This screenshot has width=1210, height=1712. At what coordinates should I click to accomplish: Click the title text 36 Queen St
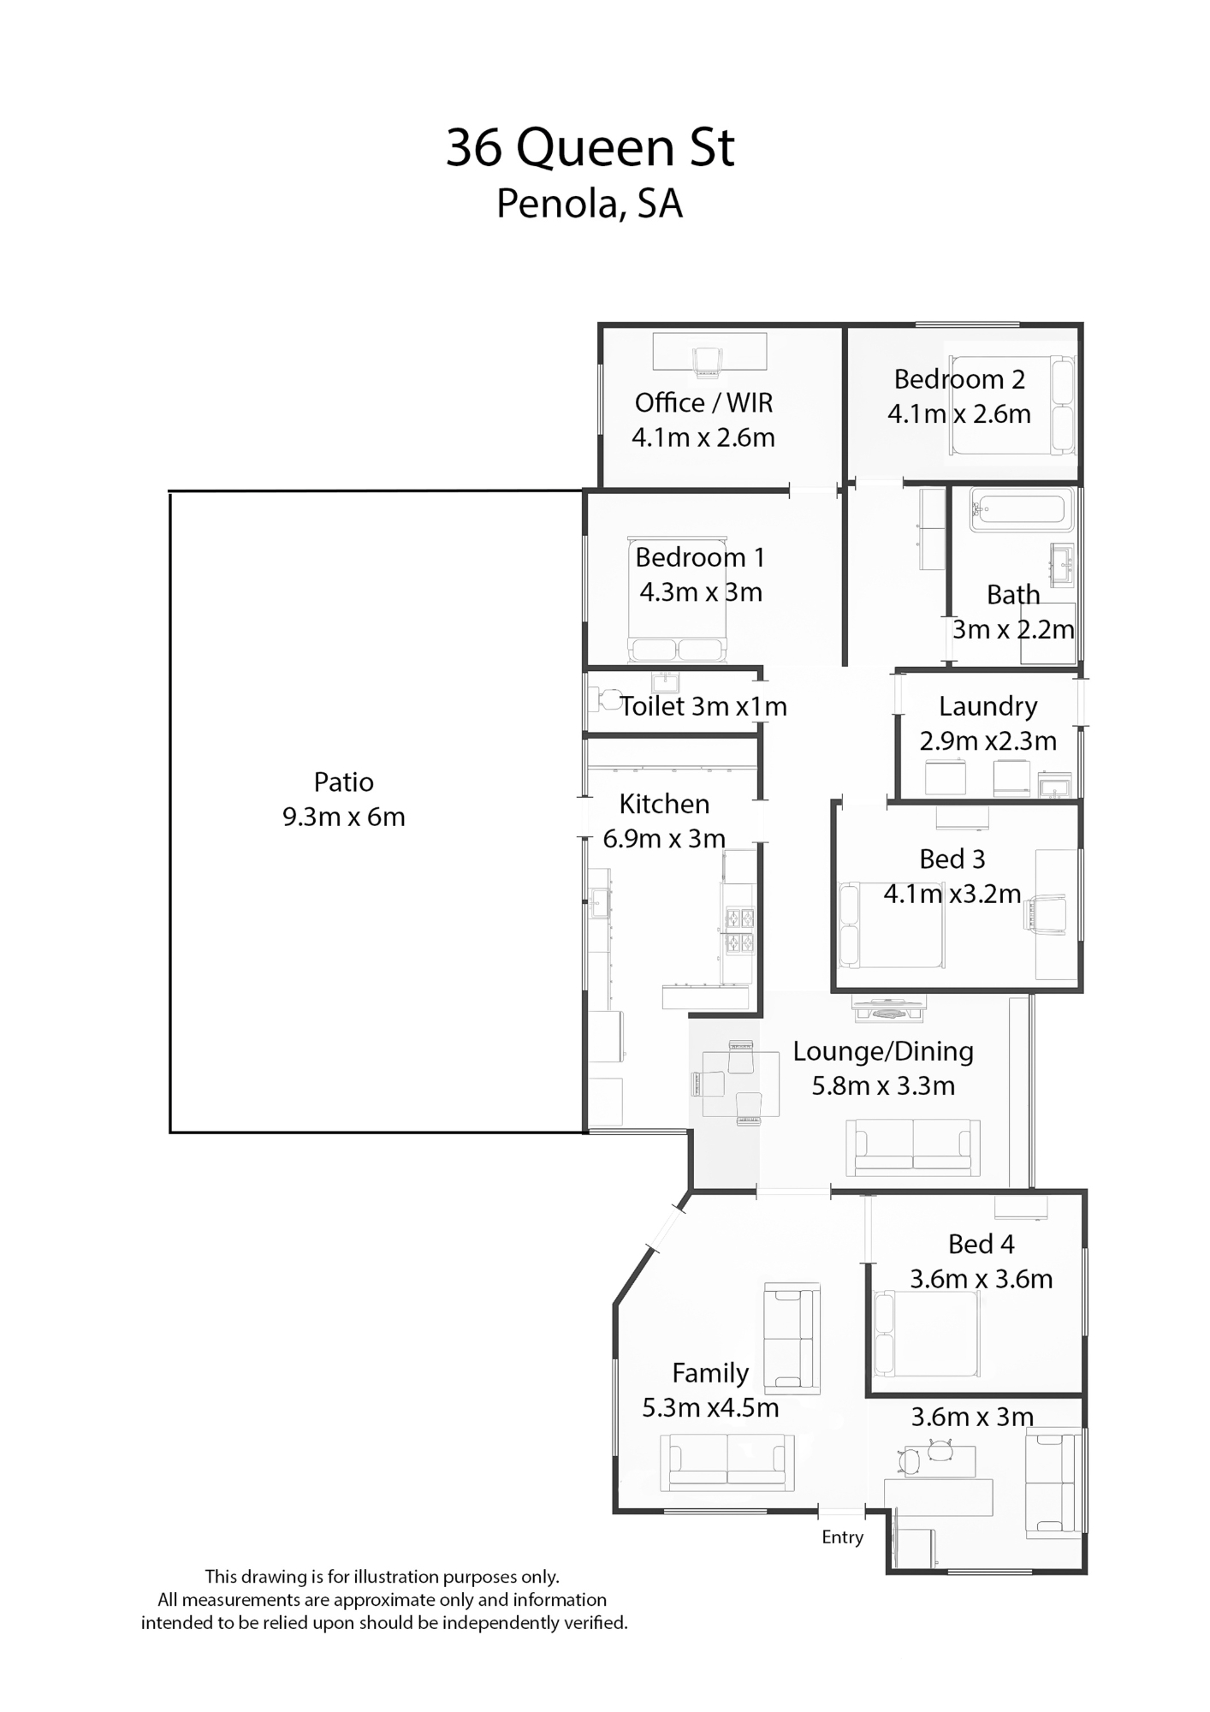[x=590, y=147]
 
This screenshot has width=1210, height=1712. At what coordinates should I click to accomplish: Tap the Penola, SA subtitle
[x=590, y=204]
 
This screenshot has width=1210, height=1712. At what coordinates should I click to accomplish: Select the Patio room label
[x=344, y=782]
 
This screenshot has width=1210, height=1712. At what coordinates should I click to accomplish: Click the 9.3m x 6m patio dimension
[x=344, y=817]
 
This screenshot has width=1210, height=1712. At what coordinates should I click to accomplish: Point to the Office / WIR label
[x=703, y=402]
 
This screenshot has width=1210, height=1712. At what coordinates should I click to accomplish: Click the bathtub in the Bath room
[x=1021, y=510]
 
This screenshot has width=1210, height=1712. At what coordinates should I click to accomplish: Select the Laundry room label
[x=988, y=706]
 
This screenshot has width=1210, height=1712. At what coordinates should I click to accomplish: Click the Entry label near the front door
[x=842, y=1537]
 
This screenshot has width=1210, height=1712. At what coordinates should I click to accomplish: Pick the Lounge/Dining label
[x=883, y=1051]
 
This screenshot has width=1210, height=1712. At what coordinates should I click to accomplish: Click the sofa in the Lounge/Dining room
[x=913, y=1147]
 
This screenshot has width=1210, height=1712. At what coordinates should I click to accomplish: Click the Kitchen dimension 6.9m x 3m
[x=664, y=838]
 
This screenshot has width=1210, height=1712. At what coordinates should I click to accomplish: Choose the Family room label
[x=710, y=1373]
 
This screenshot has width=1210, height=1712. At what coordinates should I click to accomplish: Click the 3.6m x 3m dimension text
[x=972, y=1417]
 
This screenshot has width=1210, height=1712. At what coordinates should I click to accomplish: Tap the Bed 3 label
[x=952, y=859]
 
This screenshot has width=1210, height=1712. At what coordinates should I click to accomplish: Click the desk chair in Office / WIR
[x=708, y=362]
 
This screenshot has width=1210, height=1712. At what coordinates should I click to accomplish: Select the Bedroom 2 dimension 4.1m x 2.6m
[x=959, y=414]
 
